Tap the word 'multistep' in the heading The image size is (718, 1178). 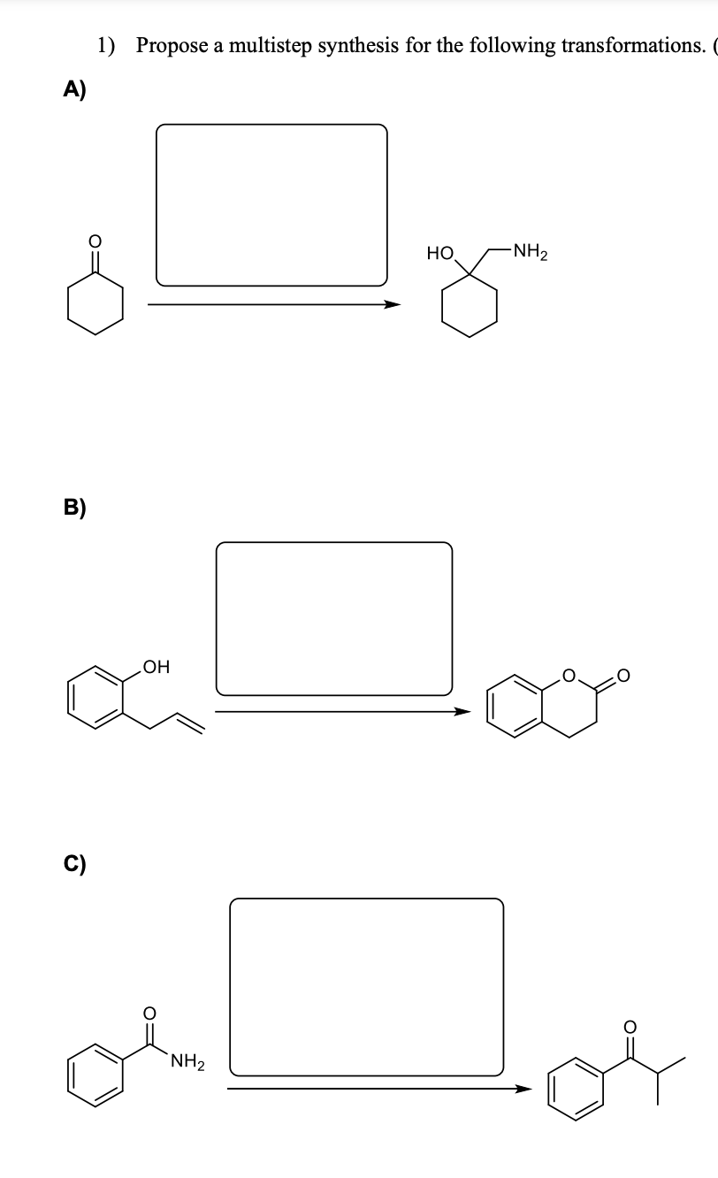270,45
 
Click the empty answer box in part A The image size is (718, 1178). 271,205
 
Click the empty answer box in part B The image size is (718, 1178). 334,618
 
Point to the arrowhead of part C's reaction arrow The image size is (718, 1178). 527,1089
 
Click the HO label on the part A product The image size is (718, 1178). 439,255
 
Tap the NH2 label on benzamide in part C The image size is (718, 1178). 187,1060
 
